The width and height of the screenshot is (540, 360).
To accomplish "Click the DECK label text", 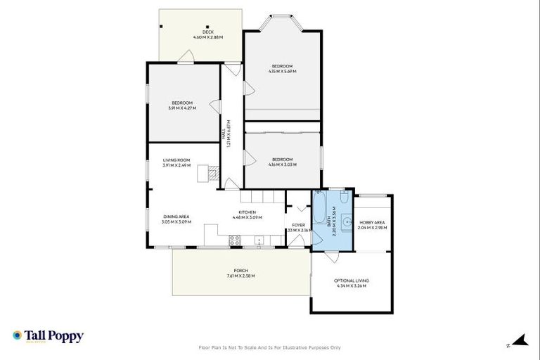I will (207, 32).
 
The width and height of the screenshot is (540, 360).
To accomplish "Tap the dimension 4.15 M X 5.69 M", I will (282, 72).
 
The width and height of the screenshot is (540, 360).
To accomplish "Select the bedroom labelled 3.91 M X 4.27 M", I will (182, 105).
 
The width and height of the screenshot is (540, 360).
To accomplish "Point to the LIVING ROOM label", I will (176, 160).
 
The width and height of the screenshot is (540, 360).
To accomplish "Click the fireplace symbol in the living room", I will (210, 172).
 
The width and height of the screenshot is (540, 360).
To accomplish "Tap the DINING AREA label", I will (176, 217).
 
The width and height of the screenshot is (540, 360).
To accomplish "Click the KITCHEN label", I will (246, 212).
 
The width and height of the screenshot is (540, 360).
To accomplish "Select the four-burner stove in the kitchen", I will (235, 240).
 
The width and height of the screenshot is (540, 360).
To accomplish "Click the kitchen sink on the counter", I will (259, 240).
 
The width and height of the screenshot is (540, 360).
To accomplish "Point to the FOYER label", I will (298, 225).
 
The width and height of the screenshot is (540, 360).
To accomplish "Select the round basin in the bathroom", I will (347, 224).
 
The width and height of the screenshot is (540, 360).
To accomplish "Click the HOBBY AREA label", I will (372, 222).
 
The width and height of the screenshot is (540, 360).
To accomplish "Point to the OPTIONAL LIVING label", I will (352, 281).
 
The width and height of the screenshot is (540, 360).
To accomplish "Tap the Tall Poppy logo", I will (48, 336).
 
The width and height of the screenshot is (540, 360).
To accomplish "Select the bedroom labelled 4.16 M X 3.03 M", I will (282, 162).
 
